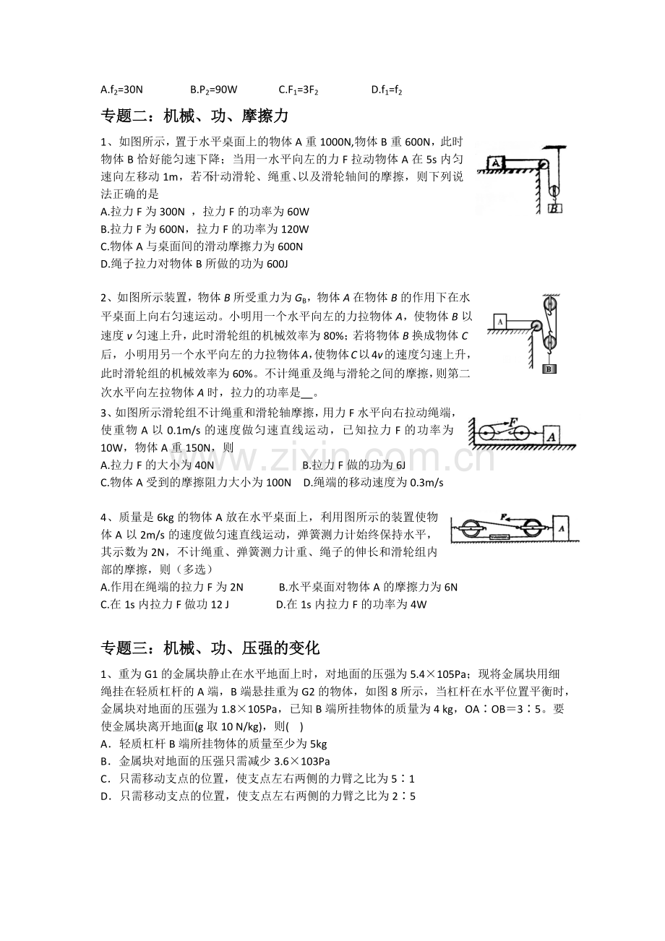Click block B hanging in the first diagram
(555, 207)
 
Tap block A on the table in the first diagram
(496, 163)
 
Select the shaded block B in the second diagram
(549, 369)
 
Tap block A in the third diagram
(552, 435)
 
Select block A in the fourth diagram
(561, 528)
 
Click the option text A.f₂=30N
(122, 90)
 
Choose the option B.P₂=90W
(214, 90)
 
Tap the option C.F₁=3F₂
(299, 90)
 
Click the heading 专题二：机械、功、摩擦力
(194, 116)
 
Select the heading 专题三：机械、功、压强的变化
(210, 648)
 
